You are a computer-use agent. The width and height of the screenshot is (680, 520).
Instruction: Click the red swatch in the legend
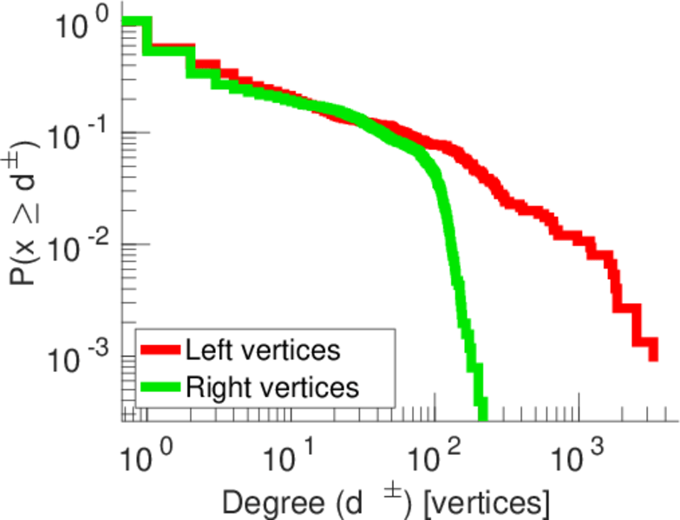coord(161,350)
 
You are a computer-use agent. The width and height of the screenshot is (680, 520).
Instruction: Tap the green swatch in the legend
coord(161,387)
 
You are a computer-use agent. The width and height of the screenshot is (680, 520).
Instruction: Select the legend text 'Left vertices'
coord(263,350)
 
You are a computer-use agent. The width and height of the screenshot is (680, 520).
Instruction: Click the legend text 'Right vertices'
coord(271,387)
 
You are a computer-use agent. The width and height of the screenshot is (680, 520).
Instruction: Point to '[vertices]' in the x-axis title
coord(484,502)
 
